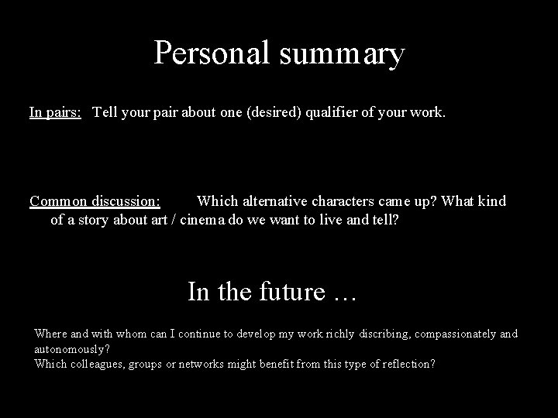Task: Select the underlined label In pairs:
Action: pyautogui.click(x=56, y=112)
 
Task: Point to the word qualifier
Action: pyautogui.click(x=336, y=112)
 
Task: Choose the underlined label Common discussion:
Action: pyautogui.click(x=95, y=201)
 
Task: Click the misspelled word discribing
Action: pyautogui.click(x=380, y=334)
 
